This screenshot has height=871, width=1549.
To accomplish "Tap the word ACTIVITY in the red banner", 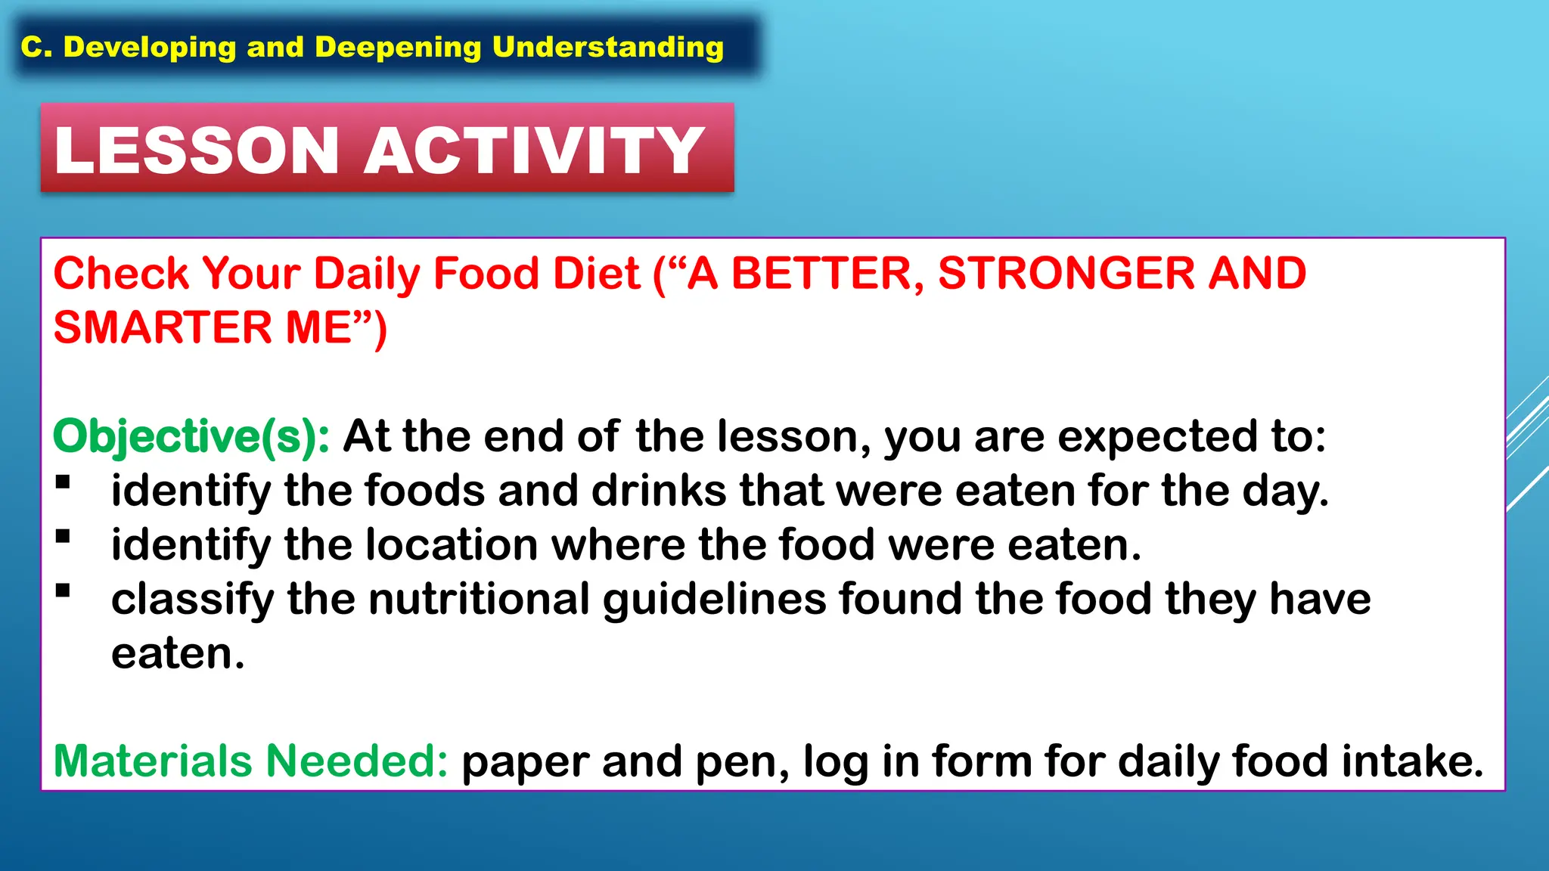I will (534, 150).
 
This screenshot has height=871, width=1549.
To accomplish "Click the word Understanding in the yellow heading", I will (607, 47).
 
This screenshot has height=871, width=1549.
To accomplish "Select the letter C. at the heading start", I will (36, 47).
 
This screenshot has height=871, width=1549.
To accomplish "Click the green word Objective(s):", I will (191, 436).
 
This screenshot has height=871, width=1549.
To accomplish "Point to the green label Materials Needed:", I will (251, 761).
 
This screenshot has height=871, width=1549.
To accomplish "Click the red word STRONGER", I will (1065, 273).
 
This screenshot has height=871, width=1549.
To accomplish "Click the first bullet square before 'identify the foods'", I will (63, 482).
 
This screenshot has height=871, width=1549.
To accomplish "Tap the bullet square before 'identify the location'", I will (63, 537).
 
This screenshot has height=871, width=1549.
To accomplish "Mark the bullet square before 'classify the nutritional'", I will (63, 590).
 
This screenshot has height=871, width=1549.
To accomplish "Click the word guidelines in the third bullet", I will (714, 599).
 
